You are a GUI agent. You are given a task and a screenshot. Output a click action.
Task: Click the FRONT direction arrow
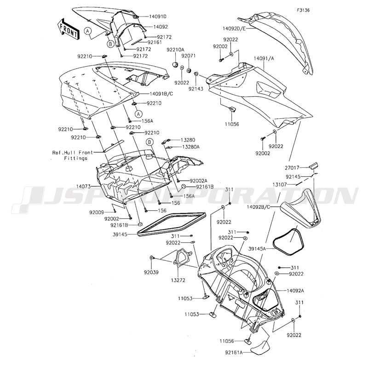coord(68,29)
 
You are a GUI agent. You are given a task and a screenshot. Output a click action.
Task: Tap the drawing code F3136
coord(303,10)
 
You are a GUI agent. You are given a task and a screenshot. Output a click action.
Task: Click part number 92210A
coord(176,50)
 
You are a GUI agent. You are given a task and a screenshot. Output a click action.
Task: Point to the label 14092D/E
coord(234,29)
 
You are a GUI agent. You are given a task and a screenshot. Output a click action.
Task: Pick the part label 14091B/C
coord(161,94)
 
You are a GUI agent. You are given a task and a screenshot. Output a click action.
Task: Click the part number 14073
coord(83,186)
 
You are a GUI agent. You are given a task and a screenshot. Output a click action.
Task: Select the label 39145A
coord(257,248)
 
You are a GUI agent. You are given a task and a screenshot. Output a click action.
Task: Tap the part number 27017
coord(292,167)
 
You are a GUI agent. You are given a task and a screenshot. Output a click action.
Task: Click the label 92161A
coord(234,352)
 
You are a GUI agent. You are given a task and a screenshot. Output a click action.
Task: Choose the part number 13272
coord(178,280)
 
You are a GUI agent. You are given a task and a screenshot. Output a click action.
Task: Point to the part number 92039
coord(151,272)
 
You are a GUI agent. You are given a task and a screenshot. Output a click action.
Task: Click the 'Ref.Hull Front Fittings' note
coord(73,155)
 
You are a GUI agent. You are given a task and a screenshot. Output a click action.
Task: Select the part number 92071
coord(188,56)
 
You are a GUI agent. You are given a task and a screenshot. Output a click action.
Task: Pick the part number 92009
coord(96,213)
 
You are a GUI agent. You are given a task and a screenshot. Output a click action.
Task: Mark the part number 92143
coord(196,89)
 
